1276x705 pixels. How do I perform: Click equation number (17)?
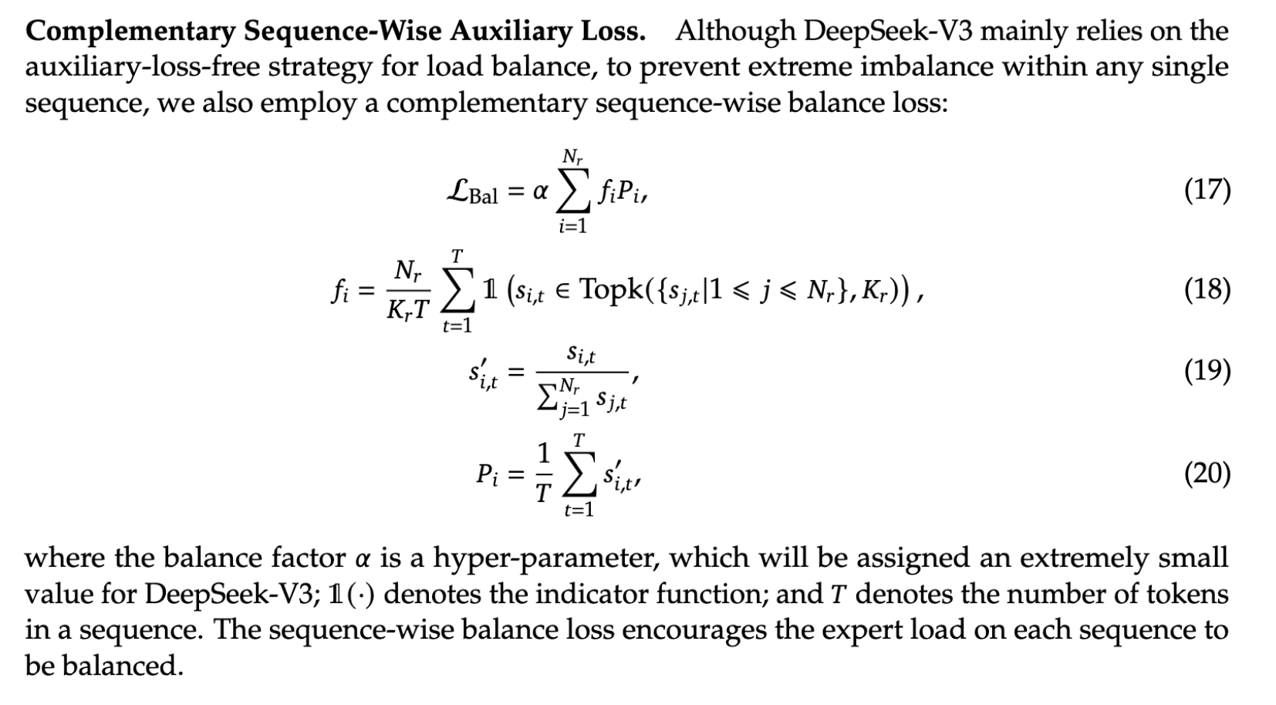tap(1207, 190)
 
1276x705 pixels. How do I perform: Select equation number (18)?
tap(1207, 289)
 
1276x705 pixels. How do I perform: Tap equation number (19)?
tap(1207, 372)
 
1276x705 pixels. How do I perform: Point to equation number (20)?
tap(1207, 473)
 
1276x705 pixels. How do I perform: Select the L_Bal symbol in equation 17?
tap(472, 191)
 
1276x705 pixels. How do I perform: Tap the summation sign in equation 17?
tap(572, 193)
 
